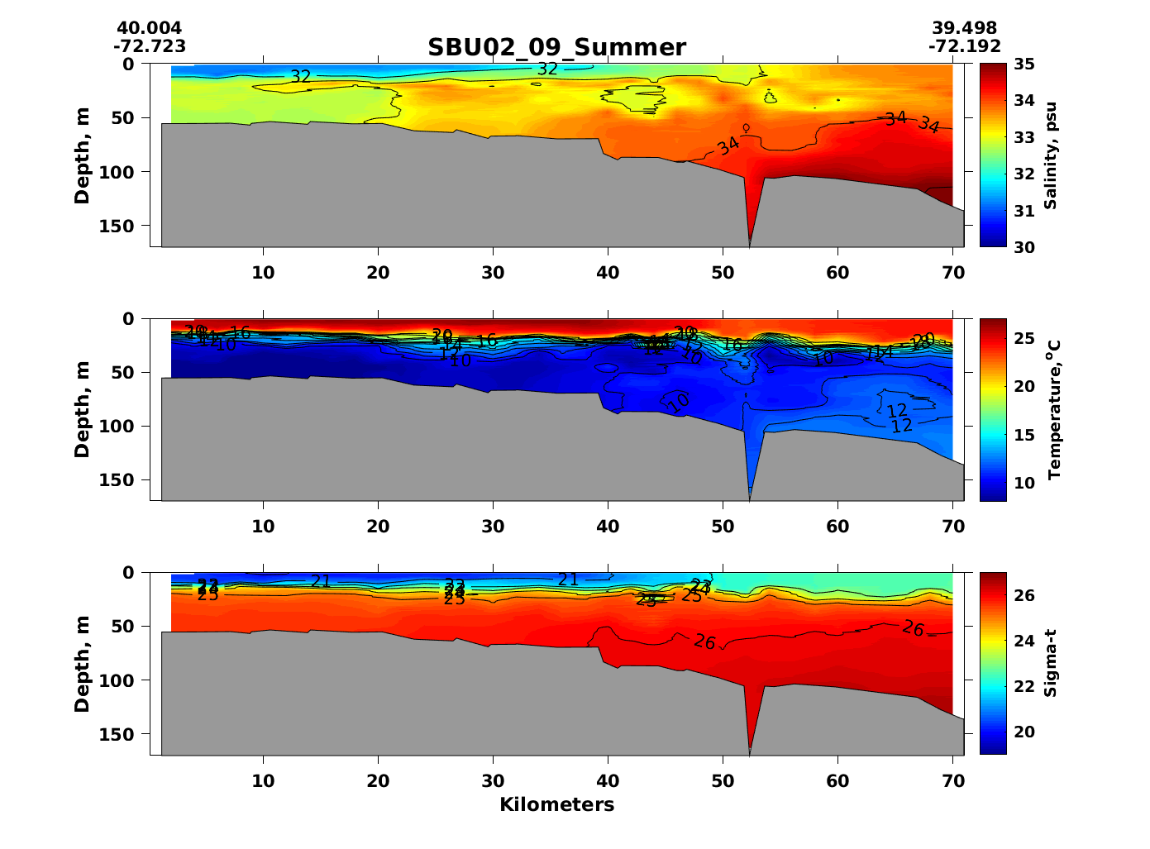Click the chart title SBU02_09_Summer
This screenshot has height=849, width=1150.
click(556, 47)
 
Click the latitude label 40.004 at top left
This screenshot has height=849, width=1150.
click(149, 29)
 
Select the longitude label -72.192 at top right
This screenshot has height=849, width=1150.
click(964, 46)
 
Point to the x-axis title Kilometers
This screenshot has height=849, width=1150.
click(556, 804)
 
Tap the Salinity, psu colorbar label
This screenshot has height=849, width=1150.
click(1050, 155)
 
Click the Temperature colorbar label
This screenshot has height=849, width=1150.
click(1053, 409)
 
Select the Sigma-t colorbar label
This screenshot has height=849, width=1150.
click(1050, 663)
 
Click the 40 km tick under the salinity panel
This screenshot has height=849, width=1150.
click(608, 273)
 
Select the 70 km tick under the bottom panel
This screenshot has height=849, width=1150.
click(953, 781)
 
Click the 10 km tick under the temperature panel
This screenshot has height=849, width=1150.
click(263, 527)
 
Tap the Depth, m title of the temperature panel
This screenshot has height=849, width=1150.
click(82, 409)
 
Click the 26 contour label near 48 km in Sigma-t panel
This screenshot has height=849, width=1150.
click(704, 642)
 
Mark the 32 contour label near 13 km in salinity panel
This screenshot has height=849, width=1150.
click(300, 77)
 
